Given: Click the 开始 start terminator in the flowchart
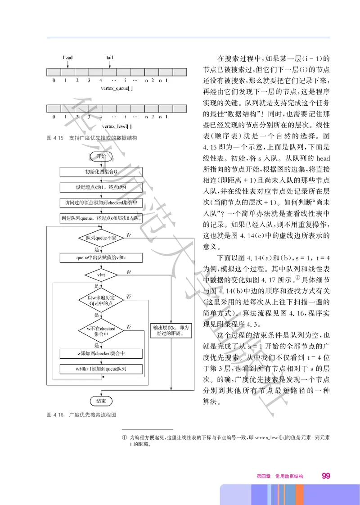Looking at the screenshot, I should click(101, 156).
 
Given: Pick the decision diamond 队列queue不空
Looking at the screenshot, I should click(101, 238).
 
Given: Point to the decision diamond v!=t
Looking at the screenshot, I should click(101, 274).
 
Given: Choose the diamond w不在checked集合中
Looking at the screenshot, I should click(101, 332).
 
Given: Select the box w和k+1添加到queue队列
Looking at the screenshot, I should click(101, 369).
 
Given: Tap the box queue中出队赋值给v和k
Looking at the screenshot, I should click(101, 257).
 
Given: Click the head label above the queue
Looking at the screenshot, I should click(67, 58).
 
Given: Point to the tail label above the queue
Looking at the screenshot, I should click(109, 58).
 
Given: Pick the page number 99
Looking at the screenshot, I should click(326, 476).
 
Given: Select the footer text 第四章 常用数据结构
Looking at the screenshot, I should click(280, 476).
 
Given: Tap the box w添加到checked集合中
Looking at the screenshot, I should click(101, 354).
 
